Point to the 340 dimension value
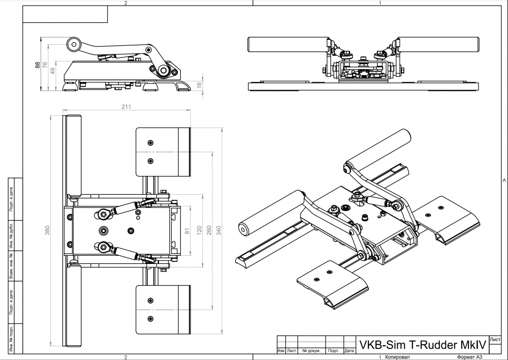[x=219, y=231]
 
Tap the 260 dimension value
[x=210, y=231]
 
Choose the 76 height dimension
[x=45, y=65]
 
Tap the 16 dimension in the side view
[x=200, y=85]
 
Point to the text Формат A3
[x=468, y=357]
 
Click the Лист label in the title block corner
[x=495, y=339]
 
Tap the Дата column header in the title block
[x=349, y=351]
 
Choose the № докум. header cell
[x=311, y=351]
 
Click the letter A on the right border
[x=503, y=181]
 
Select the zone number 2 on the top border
[x=125, y=3]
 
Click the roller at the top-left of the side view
[x=74, y=44]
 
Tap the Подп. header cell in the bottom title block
[x=333, y=351]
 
